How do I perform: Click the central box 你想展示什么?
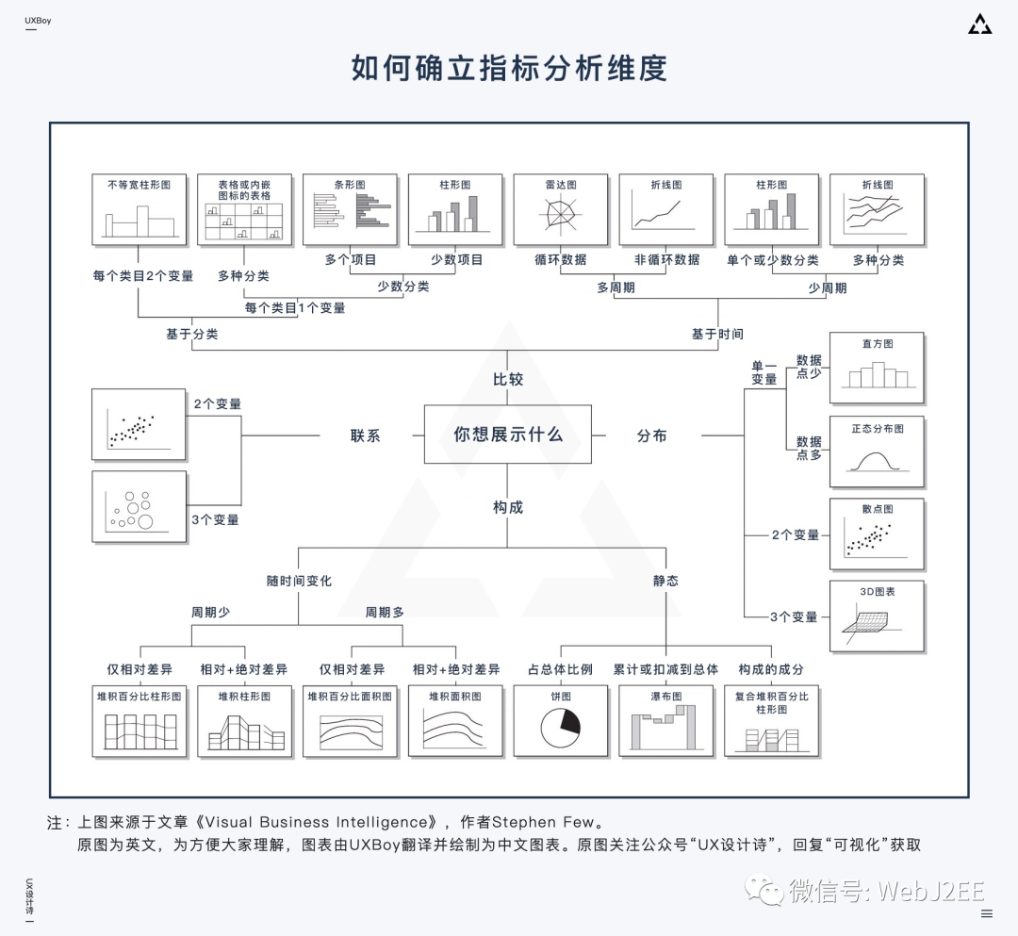point(508,435)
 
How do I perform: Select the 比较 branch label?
point(508,379)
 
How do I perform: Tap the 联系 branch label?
point(365,435)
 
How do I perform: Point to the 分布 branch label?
point(651,435)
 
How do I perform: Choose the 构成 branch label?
point(508,507)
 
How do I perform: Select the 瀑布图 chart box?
point(665,721)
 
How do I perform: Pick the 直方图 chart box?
point(877,368)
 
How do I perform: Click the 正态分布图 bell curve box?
point(877,451)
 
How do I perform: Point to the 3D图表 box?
point(877,616)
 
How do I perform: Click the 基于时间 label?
point(716,334)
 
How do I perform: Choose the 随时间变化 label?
point(299,581)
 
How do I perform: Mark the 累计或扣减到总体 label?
point(665,669)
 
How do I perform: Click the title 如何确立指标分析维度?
point(509,69)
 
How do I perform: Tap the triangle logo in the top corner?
point(979,25)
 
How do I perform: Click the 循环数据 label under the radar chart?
point(560,260)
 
